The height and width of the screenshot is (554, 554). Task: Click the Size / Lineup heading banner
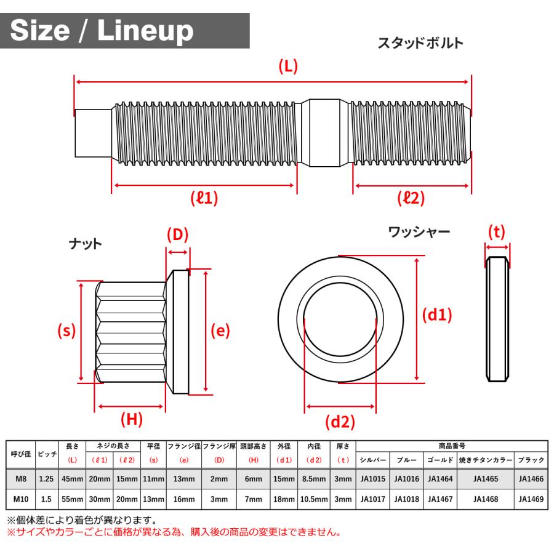pyautogui.click(x=102, y=31)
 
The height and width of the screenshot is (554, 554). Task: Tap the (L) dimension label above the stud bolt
pyautogui.click(x=287, y=67)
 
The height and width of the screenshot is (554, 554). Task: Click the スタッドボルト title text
pyautogui.click(x=420, y=44)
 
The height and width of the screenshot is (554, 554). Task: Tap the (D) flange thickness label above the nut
pyautogui.click(x=177, y=235)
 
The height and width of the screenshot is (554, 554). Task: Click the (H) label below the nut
pyautogui.click(x=131, y=420)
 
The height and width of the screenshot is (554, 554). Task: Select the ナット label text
pyautogui.click(x=85, y=244)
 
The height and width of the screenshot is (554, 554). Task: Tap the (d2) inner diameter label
pyautogui.click(x=340, y=422)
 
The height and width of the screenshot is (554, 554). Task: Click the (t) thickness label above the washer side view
pyautogui.click(x=496, y=231)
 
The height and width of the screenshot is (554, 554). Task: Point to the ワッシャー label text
pyautogui.click(x=419, y=232)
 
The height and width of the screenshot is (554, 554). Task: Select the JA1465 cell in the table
pyautogui.click(x=486, y=478)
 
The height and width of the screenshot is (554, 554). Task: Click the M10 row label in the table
pyautogui.click(x=20, y=500)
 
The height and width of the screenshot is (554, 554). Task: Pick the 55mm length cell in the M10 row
pyautogui.click(x=73, y=500)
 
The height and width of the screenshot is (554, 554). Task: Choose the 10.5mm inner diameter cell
pyautogui.click(x=313, y=500)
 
